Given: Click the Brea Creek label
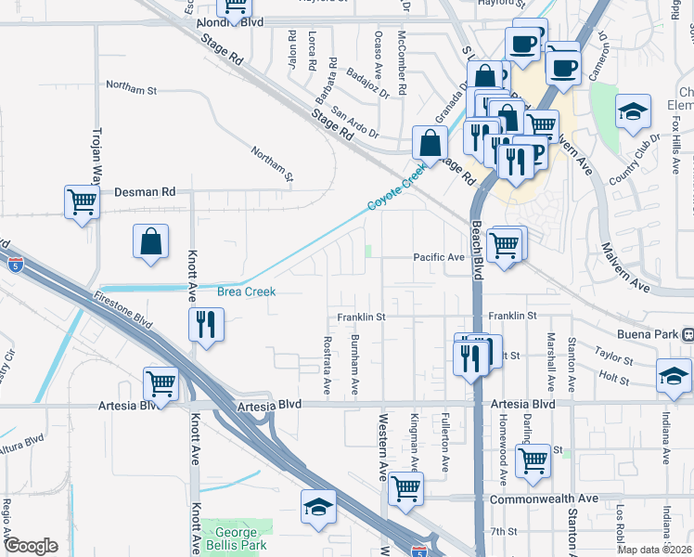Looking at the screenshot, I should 247,291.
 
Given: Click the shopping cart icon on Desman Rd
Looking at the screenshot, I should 83,201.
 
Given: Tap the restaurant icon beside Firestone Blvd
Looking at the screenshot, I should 205,324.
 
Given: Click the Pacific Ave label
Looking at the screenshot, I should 439,257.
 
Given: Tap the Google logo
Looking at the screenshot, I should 31,546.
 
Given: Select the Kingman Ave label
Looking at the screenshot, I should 415,455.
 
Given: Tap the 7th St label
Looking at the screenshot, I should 504,531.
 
